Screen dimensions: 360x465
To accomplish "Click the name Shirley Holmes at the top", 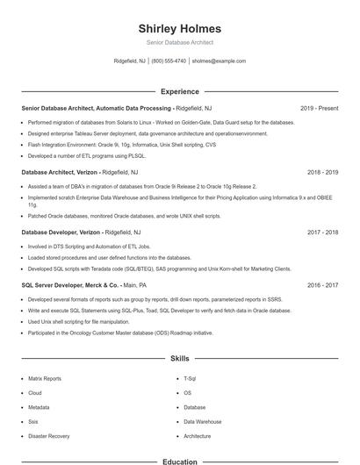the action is [x=179, y=29].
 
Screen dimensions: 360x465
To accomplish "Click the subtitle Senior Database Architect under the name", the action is [x=179, y=42].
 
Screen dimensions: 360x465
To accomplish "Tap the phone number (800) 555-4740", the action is [x=169, y=61].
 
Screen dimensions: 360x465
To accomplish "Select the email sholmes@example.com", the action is [x=219, y=61].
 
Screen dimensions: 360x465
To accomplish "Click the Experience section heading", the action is [x=179, y=91].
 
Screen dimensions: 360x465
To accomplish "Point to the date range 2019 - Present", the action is [x=319, y=108].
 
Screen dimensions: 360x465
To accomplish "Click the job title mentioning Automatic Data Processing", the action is [x=97, y=108].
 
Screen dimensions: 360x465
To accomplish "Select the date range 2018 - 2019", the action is [x=322, y=173].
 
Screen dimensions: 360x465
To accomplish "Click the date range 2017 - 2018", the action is [x=322, y=232].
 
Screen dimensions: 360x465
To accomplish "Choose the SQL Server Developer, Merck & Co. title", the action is [x=70, y=285].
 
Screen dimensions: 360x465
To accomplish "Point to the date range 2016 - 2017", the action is [x=322, y=285].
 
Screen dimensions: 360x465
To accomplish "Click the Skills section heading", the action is [x=179, y=359].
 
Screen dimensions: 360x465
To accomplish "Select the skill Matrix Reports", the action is [x=45, y=378].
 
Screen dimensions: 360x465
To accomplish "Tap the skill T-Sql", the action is [x=190, y=378].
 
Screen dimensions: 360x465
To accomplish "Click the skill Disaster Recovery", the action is [x=49, y=436].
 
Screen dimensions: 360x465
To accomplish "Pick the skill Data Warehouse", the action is [x=202, y=421].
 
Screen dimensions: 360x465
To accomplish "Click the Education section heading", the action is [x=179, y=461].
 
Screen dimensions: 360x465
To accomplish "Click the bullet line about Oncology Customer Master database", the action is [x=120, y=333].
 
